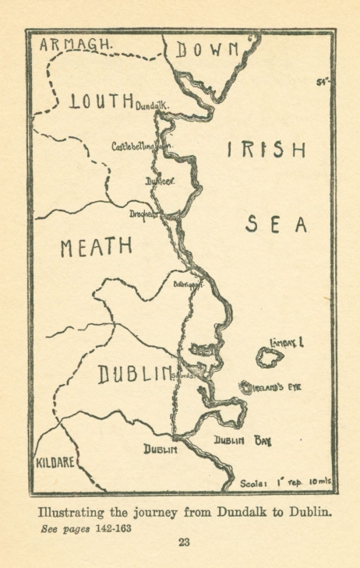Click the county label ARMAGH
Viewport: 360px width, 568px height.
pyautogui.click(x=76, y=45)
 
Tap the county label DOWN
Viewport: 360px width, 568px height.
pyautogui.click(x=207, y=50)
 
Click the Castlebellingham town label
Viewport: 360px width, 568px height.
pyautogui.click(x=141, y=146)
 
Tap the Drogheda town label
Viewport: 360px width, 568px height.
pyautogui.click(x=144, y=212)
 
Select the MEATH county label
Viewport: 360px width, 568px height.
pyautogui.click(x=97, y=247)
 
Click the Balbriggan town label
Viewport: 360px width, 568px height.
pyautogui.click(x=188, y=286)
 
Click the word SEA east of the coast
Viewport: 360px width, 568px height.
pyautogui.click(x=276, y=224)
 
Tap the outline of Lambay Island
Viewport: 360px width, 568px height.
pyautogui.click(x=270, y=358)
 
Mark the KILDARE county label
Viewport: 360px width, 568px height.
pyautogui.click(x=55, y=463)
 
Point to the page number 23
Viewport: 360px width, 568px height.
pyautogui.click(x=184, y=542)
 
